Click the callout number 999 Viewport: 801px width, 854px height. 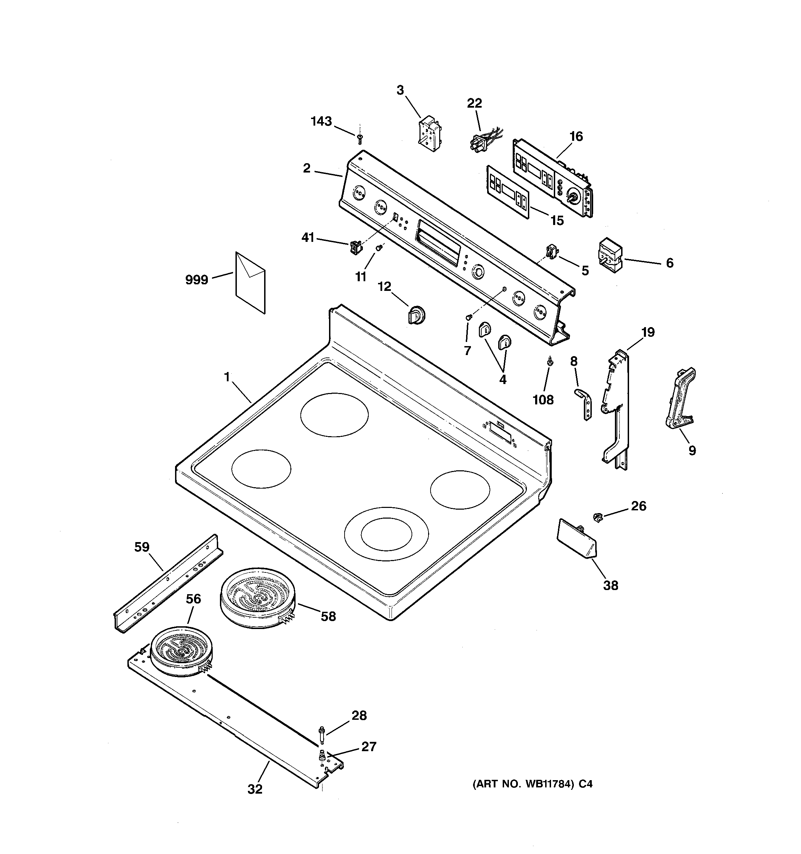tap(196, 280)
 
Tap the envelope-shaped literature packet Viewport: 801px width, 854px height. tap(250, 283)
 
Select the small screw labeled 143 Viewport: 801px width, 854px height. tap(360, 138)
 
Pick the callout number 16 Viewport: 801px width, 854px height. tap(576, 137)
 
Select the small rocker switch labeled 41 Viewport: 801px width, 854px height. tap(355, 248)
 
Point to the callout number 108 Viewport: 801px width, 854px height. tap(543, 400)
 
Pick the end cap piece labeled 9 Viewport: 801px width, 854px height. tap(680, 398)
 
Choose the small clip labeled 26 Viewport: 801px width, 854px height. tap(597, 517)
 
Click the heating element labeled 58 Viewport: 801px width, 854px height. tap(257, 598)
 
